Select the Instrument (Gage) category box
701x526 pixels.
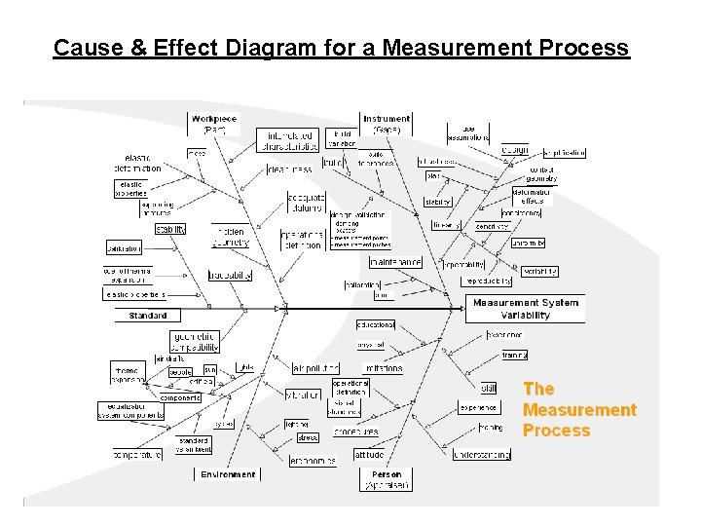point(387,124)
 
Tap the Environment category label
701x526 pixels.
point(229,474)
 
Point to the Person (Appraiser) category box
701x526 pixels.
point(387,479)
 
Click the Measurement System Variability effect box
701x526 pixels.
point(526,309)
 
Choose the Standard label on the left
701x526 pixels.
point(148,316)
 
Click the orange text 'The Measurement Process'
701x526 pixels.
point(579,409)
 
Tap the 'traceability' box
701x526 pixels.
point(230,276)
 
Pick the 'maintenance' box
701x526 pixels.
point(395,261)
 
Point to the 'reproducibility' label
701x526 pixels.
point(487,281)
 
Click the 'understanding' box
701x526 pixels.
point(481,454)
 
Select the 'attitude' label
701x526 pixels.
point(369,455)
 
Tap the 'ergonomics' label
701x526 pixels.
point(313,461)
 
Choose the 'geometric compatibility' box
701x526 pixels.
point(195,341)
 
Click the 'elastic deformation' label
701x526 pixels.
point(143,163)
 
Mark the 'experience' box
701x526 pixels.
point(478,408)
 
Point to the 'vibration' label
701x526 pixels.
point(303,394)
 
